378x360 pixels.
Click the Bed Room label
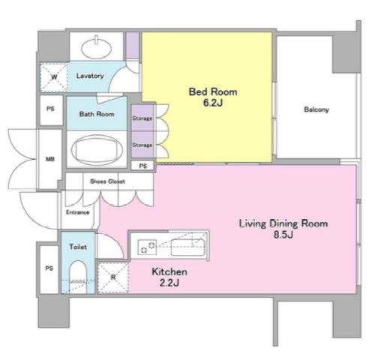tap(213, 92)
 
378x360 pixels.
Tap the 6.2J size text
tap(213, 103)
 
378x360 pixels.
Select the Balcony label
tap(316, 109)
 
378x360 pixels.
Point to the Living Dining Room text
tap(283, 223)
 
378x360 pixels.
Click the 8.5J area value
tap(283, 235)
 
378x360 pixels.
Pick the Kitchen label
tap(169, 271)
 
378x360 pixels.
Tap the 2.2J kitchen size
tap(169, 283)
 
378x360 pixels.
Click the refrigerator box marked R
tap(113, 277)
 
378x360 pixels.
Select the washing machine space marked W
tap(54, 77)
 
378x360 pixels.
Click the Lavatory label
tap(90, 76)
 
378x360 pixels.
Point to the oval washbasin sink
tap(97, 49)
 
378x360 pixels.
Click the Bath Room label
tap(97, 114)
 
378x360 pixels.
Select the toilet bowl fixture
tap(78, 277)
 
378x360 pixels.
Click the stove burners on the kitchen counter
tap(147, 247)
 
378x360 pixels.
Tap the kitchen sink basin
tap(188, 247)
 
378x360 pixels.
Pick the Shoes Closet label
tap(107, 181)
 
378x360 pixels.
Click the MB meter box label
tap(50, 159)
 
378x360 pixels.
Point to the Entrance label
tap(77, 212)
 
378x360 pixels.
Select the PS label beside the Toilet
tap(49, 268)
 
